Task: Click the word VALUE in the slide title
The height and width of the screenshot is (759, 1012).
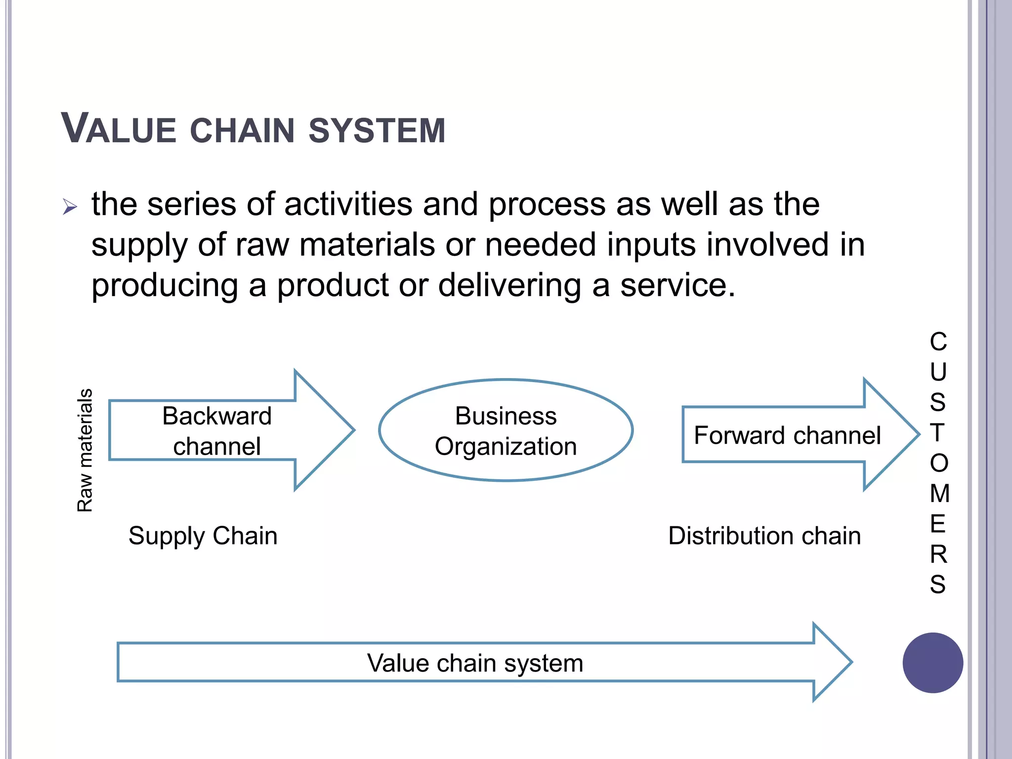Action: (x=119, y=129)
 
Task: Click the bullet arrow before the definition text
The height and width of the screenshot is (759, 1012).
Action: (x=70, y=207)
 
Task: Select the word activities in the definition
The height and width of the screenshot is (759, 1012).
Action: (x=348, y=204)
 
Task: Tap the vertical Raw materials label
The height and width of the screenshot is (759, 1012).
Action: (x=85, y=450)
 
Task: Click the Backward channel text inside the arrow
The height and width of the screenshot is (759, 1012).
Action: (x=216, y=430)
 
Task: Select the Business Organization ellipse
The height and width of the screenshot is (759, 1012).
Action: (x=506, y=430)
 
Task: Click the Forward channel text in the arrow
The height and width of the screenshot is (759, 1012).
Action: (x=787, y=435)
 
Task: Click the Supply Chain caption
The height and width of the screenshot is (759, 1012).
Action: (x=203, y=536)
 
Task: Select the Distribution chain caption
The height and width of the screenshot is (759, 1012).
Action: (x=764, y=536)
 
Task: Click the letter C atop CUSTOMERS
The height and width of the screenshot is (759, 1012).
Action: (x=938, y=341)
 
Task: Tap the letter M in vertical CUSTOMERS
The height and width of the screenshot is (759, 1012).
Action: (x=939, y=493)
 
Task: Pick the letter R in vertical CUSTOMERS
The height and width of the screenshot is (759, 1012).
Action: (x=938, y=554)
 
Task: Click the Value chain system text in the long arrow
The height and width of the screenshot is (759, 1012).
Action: (x=475, y=663)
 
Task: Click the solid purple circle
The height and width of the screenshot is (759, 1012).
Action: (x=932, y=663)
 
